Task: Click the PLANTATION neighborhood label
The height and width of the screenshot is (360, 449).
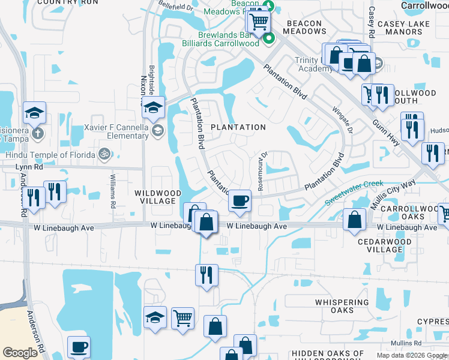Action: point(238,127)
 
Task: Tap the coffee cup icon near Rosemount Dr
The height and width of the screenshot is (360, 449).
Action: point(240,200)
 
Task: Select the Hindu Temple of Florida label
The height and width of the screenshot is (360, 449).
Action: point(50,154)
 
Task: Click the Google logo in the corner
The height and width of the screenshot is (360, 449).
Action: point(20,353)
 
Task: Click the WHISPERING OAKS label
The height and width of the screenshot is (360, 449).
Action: point(342,306)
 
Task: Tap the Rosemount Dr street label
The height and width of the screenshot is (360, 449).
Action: point(262,171)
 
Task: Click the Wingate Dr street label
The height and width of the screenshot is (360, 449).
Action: point(340,119)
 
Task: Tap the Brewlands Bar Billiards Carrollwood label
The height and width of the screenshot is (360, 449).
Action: point(220,39)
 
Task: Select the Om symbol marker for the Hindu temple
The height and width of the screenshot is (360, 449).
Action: point(104,154)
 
